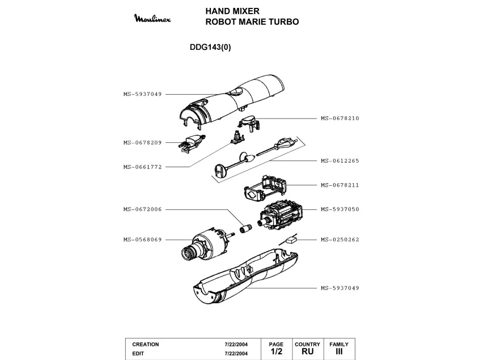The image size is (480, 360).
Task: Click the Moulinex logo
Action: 152,18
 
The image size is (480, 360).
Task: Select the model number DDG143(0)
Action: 210,47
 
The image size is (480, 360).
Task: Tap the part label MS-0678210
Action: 340,118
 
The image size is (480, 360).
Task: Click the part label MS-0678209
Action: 142,143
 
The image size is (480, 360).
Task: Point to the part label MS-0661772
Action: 142,167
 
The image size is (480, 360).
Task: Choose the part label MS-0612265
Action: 340,161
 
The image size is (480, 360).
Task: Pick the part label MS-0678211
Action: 340,185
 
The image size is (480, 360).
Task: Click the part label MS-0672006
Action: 142,209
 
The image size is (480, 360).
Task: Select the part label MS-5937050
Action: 340,209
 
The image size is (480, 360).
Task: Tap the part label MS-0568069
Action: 142,240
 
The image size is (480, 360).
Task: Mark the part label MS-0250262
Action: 340,240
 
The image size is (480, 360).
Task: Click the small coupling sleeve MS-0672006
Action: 245,229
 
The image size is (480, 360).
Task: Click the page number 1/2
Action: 276,351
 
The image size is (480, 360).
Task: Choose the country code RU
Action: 307,351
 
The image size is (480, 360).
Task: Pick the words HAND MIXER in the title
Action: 232,11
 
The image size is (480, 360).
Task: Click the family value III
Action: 339,351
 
